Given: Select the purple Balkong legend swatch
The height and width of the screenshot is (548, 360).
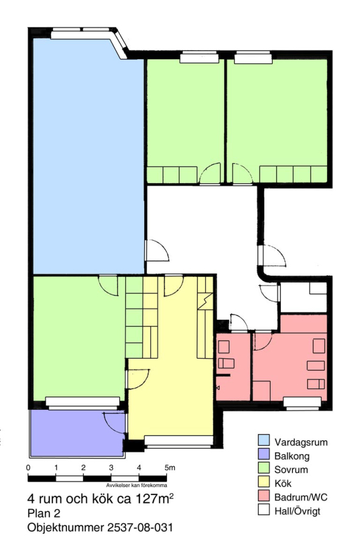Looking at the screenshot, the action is point(264,455).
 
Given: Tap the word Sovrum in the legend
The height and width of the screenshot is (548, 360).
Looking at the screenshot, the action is point(291,469).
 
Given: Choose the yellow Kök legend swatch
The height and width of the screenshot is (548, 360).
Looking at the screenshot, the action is point(264,483).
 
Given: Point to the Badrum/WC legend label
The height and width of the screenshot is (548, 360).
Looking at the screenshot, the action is point(301,497).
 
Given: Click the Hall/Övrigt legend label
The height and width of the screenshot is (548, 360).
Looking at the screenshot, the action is point(297,511).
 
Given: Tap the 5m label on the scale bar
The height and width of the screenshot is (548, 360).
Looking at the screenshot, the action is point(170,467).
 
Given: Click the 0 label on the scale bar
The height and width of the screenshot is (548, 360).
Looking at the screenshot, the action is point(28,467).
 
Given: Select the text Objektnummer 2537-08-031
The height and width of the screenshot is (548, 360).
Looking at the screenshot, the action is point(100,527).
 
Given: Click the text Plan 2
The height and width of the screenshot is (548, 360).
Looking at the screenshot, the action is point(44,513).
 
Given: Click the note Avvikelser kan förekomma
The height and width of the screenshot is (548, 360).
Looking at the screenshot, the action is point(136,485).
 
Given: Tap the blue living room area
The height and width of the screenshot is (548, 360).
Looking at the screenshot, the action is point(87,157).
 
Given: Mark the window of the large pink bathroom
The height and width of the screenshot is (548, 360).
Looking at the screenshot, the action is point(302,402).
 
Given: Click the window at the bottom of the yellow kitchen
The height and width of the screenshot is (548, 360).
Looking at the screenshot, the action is point(178,440).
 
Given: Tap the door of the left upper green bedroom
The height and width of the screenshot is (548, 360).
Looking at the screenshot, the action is point(210,173).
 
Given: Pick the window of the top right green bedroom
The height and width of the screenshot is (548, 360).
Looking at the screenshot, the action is point(253,58).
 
